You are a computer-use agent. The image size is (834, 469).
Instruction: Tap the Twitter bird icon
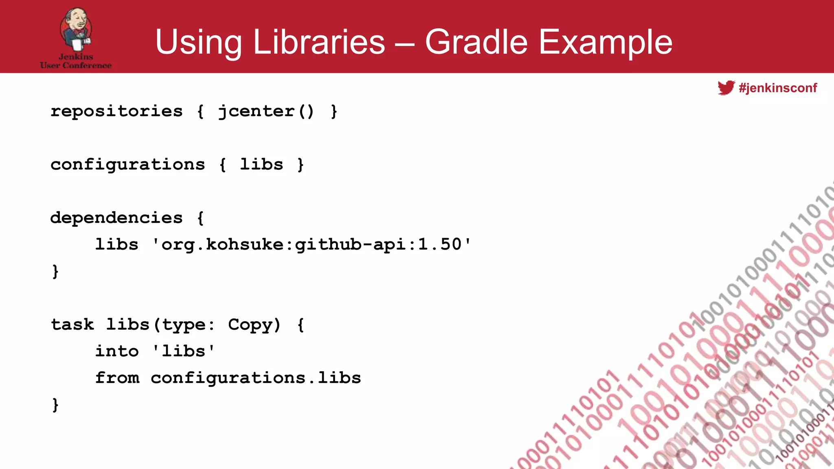(726, 88)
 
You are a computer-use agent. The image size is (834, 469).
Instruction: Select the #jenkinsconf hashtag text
(778, 88)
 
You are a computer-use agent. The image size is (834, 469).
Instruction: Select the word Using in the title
(198, 43)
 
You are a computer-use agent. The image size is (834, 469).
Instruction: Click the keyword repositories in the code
(116, 112)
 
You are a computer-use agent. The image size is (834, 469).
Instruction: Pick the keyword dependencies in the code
(116, 218)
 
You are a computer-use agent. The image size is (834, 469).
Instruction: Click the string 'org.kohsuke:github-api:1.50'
(312, 245)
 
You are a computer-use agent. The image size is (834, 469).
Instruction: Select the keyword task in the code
(72, 325)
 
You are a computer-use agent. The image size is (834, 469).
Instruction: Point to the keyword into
(117, 351)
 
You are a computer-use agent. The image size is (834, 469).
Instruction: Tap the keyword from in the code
(117, 378)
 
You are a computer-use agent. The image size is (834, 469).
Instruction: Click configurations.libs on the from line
(256, 378)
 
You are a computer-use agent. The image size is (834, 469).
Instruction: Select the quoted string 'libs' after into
(183, 351)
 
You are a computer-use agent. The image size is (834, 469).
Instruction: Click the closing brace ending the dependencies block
(55, 271)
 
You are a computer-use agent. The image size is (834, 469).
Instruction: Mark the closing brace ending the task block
(55, 405)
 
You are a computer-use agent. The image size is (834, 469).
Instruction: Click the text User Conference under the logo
(76, 65)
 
